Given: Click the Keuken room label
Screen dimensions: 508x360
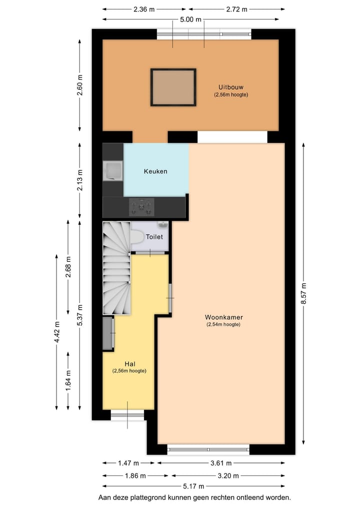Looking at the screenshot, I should tap(155, 171).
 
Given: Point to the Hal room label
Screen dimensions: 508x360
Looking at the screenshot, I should tap(130, 364).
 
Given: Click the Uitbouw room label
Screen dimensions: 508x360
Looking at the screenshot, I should tap(231, 87).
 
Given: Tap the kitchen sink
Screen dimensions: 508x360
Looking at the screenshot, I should tap(112, 171).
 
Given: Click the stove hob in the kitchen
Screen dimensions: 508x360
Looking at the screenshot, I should tap(142, 206).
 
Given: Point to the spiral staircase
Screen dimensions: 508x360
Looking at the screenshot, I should tap(116, 268).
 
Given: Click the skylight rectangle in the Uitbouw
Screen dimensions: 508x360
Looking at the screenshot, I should tap(173, 87).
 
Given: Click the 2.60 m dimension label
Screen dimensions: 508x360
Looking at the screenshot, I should tap(80, 85).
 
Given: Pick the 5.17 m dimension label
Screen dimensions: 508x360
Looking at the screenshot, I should tap(193, 486).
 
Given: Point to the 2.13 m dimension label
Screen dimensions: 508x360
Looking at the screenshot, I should tap(80, 181).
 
